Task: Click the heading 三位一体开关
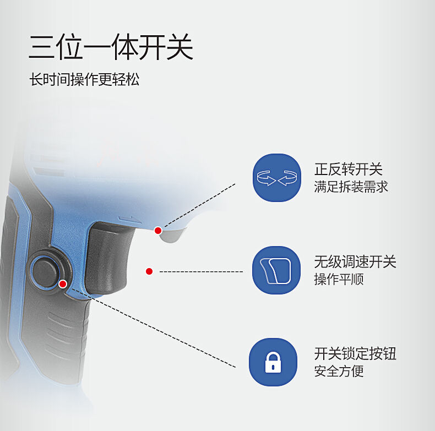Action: click(x=111, y=47)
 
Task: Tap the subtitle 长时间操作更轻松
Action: click(x=84, y=79)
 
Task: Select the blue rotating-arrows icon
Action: click(x=277, y=177)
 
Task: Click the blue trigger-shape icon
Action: click(x=276, y=270)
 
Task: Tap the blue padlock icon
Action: click(x=273, y=362)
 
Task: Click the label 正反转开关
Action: click(x=349, y=169)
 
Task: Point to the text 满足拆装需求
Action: click(x=351, y=187)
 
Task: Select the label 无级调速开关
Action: click(x=355, y=262)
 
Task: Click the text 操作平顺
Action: click(x=339, y=279)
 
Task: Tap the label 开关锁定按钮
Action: click(x=355, y=353)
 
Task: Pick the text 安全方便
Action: click(x=339, y=371)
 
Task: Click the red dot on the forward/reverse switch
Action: click(x=158, y=231)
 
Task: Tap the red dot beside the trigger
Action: click(x=149, y=271)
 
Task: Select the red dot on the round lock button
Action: click(x=63, y=284)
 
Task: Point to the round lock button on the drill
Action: click(x=46, y=272)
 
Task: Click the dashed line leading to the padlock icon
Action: click(x=153, y=328)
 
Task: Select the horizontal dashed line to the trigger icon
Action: click(x=201, y=271)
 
